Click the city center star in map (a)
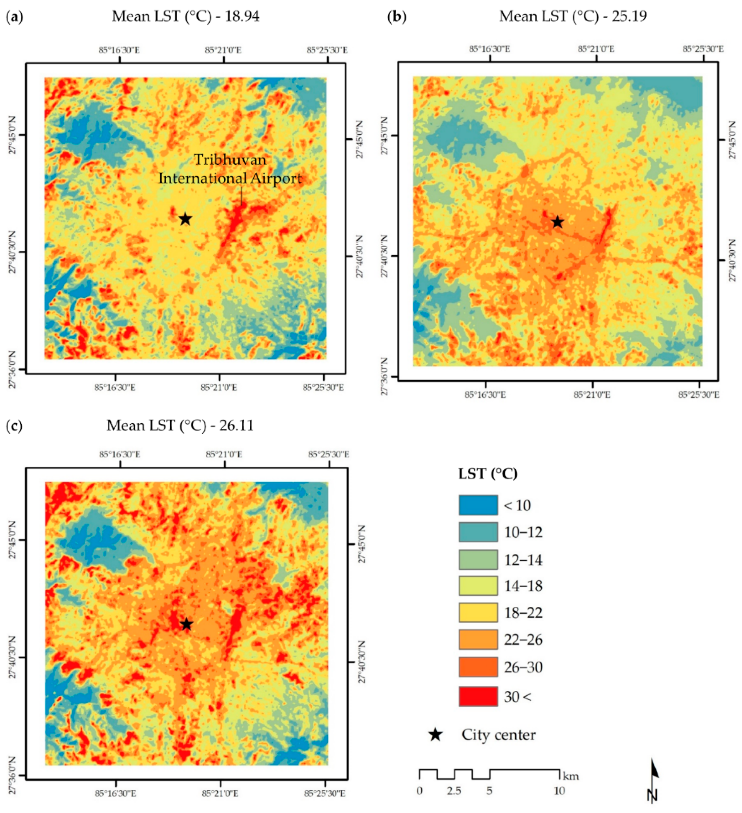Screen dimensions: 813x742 coord(185,219)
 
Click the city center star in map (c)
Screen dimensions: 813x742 coord(186,624)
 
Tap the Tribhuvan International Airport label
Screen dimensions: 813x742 coord(230,169)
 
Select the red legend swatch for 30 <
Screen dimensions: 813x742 coord(478,696)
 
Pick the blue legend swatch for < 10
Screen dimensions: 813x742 coord(478,505)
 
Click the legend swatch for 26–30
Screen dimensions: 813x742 coord(478,667)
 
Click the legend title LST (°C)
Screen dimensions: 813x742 coord(488,474)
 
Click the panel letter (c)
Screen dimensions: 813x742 coord(15,426)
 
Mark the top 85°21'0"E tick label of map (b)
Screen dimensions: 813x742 coord(596,49)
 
